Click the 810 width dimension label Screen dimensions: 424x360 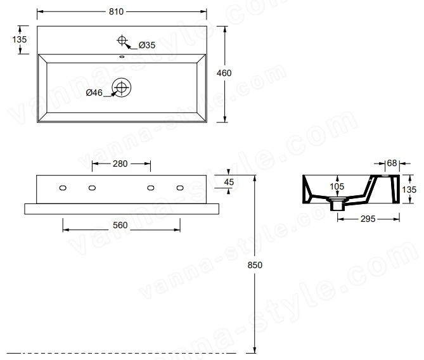click(116, 11)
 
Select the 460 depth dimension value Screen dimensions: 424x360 click(224, 73)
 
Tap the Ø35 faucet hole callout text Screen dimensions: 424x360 click(147, 45)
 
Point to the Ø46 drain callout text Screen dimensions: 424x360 click(94, 93)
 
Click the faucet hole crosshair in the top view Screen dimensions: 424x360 click(122, 41)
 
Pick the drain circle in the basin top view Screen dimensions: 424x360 click(122, 87)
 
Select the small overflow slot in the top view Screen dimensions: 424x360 click(122, 56)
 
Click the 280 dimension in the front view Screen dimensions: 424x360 click(120, 164)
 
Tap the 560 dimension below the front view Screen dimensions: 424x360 click(120, 225)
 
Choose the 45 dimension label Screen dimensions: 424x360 click(229, 182)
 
